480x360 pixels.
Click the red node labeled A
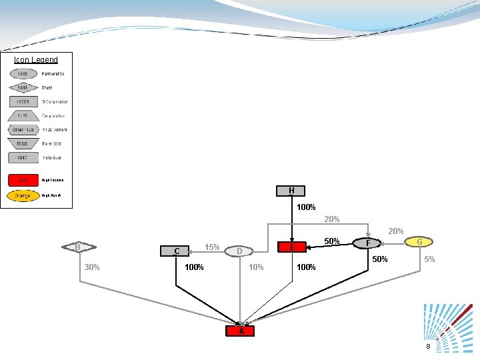[241, 331]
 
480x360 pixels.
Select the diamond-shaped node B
[78, 247]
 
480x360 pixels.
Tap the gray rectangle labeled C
[177, 251]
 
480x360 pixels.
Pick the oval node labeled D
[239, 251]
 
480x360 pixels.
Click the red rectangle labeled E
[292, 247]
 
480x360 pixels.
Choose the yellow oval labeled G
[419, 241]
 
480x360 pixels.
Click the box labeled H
[291, 191]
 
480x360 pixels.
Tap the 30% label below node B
[92, 267]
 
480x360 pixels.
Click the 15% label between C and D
[212, 247]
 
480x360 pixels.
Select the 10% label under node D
[256, 267]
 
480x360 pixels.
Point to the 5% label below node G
[430, 259]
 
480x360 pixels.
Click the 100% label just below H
[306, 207]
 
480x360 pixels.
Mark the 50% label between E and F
[332, 241]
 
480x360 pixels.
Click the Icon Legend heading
[36, 60]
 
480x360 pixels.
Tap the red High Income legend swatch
[23, 180]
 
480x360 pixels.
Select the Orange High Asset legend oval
[23, 196]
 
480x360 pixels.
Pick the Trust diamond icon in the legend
[23, 87]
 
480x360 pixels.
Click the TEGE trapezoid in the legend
[23, 143]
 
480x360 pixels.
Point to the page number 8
[429, 347]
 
